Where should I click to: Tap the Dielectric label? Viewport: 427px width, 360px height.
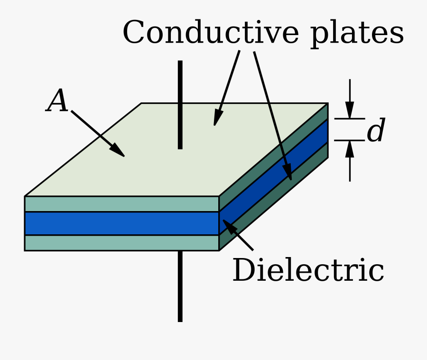coord(308,271)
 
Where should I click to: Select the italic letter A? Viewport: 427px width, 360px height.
coord(57,102)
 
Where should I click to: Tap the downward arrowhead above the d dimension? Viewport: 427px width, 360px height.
coord(350,111)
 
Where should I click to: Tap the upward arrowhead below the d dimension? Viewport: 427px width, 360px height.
coord(350,148)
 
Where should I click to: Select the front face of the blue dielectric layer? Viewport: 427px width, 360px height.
coord(121,223)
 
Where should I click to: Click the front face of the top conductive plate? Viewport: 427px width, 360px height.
coord(121,204)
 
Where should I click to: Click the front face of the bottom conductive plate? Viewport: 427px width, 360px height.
coord(121,243)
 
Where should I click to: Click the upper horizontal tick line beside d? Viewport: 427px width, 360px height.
coord(350,119)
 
